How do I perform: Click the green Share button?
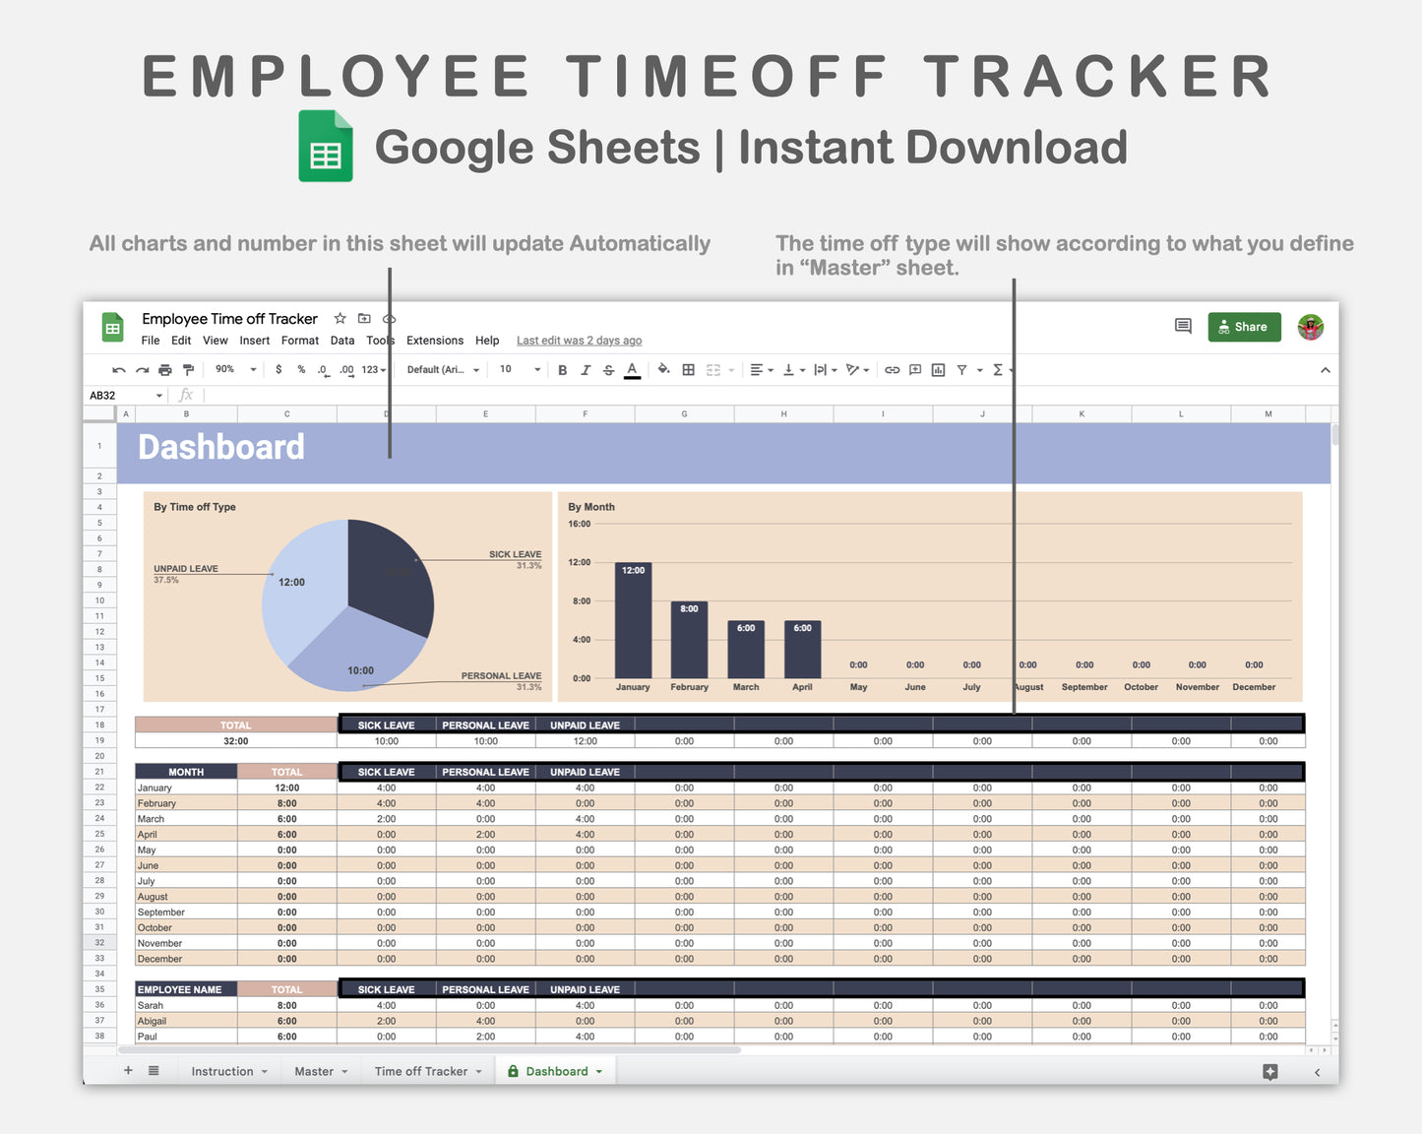click(x=1244, y=327)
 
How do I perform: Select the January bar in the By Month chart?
click(x=633, y=620)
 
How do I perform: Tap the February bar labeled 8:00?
click(x=689, y=640)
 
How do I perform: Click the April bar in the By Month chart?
click(x=802, y=650)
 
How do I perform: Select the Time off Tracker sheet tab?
click(x=421, y=1071)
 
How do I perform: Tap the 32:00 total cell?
click(x=236, y=741)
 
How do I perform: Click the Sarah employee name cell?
click(x=185, y=1005)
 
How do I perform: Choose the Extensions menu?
click(x=435, y=341)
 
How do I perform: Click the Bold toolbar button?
click(x=562, y=370)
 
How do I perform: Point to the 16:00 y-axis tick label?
click(x=580, y=524)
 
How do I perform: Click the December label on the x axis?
click(x=1254, y=687)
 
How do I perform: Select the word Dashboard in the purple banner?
click(x=221, y=448)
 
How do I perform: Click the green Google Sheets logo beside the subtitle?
click(x=326, y=147)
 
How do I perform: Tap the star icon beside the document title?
click(x=340, y=318)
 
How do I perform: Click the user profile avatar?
click(x=1310, y=327)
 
